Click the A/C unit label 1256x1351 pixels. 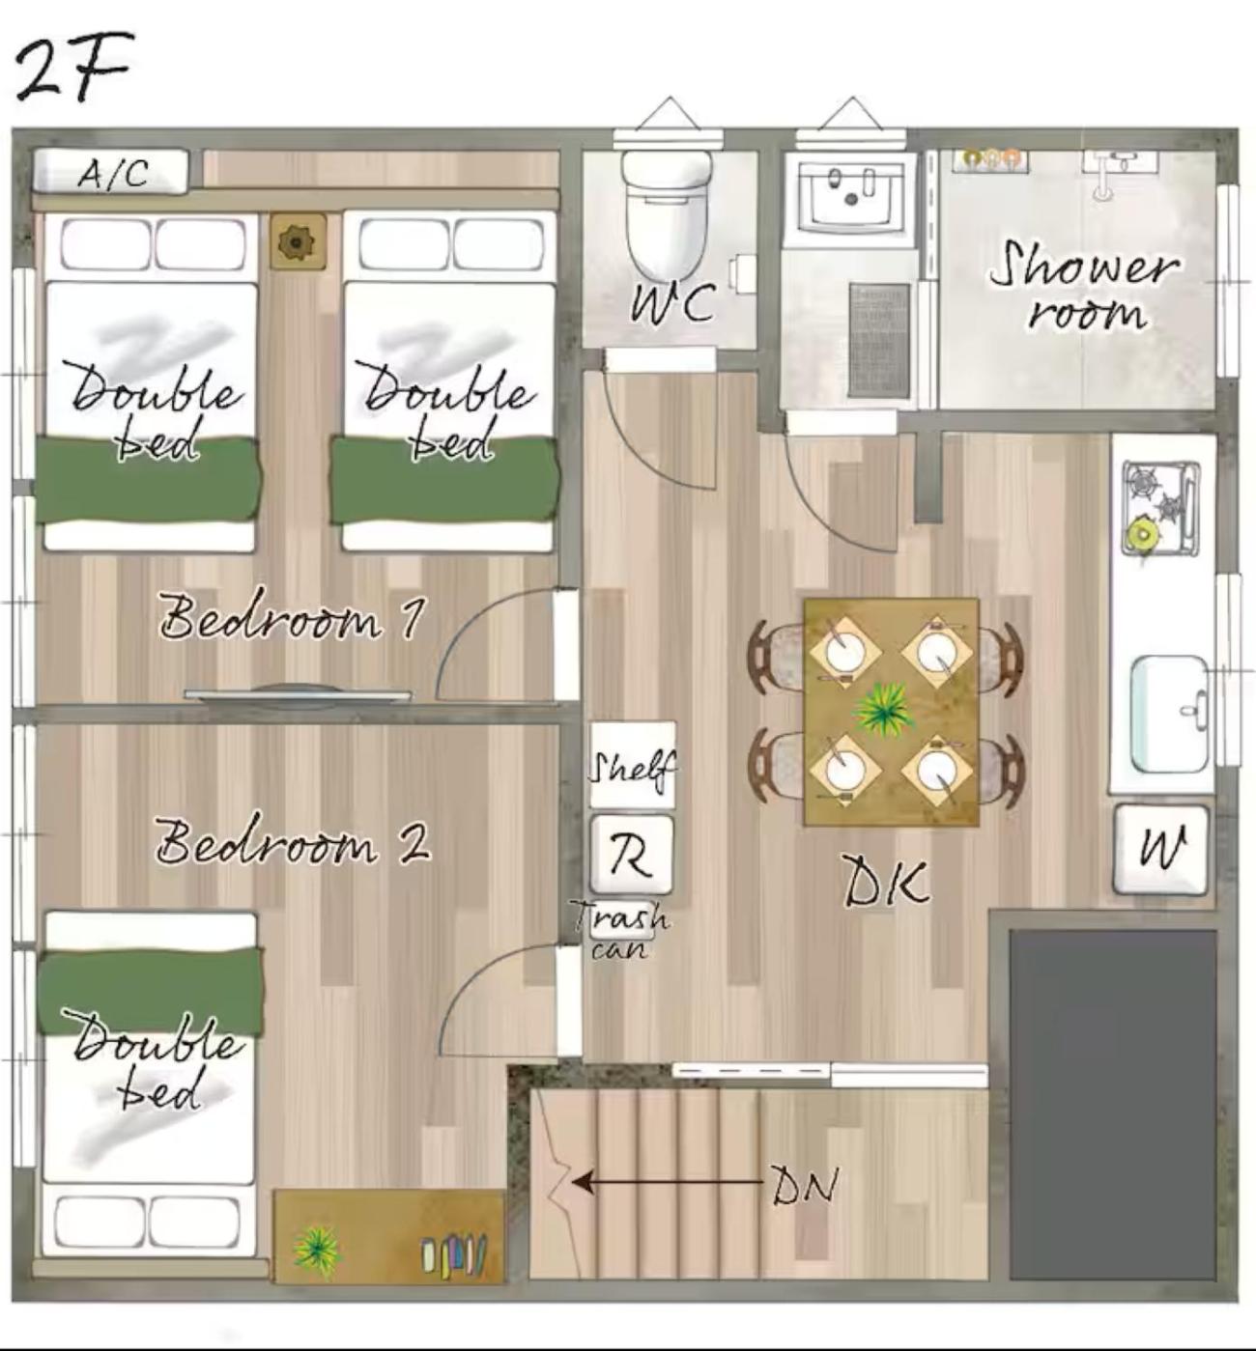coord(112,174)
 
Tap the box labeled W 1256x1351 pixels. coord(1160,850)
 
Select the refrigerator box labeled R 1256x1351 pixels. coord(631,855)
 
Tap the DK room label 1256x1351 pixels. coord(886,882)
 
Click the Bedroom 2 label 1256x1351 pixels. coord(293,842)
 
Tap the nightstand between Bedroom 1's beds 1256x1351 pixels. coord(299,241)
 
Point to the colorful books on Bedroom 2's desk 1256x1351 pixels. coord(454,1253)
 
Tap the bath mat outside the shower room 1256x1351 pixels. coord(879,340)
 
